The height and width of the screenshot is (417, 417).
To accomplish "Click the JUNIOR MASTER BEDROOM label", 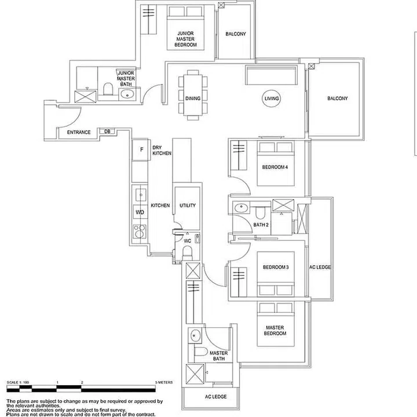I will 186,39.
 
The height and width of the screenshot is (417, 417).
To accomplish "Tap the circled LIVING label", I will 272,99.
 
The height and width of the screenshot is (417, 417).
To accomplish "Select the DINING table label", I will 193,98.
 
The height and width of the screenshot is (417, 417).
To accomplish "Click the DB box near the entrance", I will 107,132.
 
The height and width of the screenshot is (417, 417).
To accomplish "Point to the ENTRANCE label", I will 79,133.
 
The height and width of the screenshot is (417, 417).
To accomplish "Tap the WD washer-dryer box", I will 140,213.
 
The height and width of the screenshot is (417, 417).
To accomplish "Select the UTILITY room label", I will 188,206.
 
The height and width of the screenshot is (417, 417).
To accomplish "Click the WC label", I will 187,239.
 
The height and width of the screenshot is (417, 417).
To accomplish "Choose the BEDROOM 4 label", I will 275,167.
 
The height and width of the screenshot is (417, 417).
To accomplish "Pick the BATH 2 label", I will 261,225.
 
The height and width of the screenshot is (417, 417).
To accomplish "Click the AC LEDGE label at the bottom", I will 215,397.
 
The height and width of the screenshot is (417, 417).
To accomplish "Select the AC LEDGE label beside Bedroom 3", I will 320,267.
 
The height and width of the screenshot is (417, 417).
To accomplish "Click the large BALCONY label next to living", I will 338,99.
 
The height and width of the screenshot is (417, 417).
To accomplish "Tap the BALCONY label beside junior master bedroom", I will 236,34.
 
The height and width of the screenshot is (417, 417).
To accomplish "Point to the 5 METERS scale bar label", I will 164,383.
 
